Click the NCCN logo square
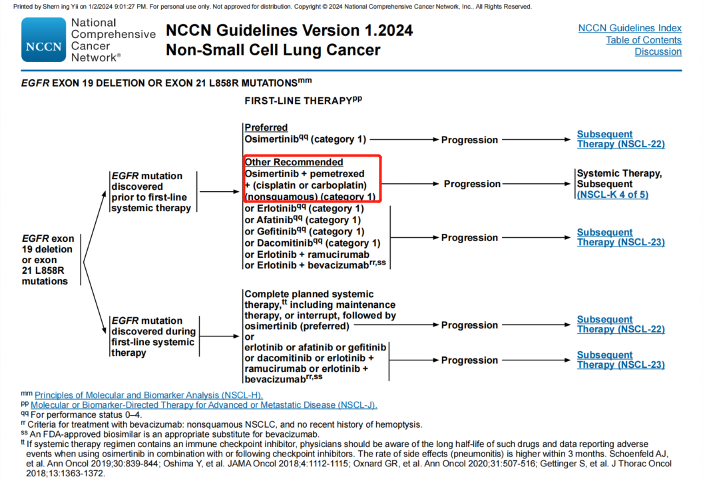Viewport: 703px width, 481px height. pyautogui.click(x=43, y=40)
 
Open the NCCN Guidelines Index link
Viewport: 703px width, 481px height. pyautogui.click(x=630, y=28)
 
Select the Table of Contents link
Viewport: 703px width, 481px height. pyautogui.click(x=643, y=40)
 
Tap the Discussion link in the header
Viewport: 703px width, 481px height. pyautogui.click(x=658, y=52)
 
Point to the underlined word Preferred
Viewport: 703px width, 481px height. pyautogui.click(x=266, y=127)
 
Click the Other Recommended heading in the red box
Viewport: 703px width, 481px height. pyautogui.click(x=294, y=162)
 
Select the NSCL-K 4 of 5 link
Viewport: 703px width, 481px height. pyautogui.click(x=612, y=195)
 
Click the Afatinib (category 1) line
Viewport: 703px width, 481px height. pyautogui.click(x=303, y=220)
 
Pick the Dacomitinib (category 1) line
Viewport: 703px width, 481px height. pyautogui.click(x=312, y=242)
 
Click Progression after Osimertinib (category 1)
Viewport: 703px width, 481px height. pyautogui.click(x=469, y=140)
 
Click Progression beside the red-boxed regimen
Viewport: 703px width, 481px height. pyautogui.click(x=472, y=184)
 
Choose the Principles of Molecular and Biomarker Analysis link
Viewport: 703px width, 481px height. pyautogui.click(x=148, y=395)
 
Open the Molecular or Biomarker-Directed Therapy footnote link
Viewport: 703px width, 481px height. pyautogui.click(x=204, y=405)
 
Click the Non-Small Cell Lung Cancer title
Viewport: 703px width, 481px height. pyautogui.click(x=273, y=50)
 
